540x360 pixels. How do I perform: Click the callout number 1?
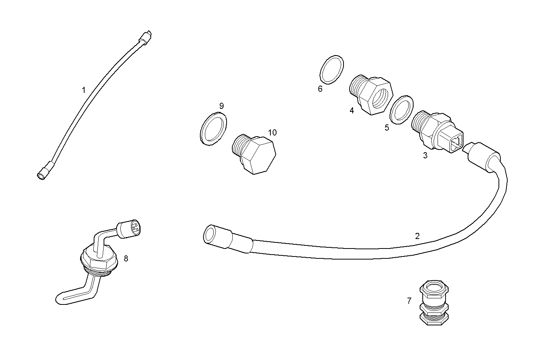point(83,90)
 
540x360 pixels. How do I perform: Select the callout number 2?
point(417,236)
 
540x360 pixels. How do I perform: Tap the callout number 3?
point(425,155)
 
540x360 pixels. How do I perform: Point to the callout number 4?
point(351,110)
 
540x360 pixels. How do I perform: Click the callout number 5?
point(387,128)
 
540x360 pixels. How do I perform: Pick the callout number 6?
point(320,89)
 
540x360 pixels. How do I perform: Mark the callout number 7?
point(409,301)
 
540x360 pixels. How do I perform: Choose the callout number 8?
point(126,259)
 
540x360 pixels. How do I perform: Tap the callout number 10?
point(272,132)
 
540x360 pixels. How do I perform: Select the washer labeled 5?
point(401,109)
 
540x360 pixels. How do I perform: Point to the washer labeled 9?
point(213,128)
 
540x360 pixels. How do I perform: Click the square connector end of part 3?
point(455,143)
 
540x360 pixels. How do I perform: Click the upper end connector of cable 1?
point(147,37)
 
